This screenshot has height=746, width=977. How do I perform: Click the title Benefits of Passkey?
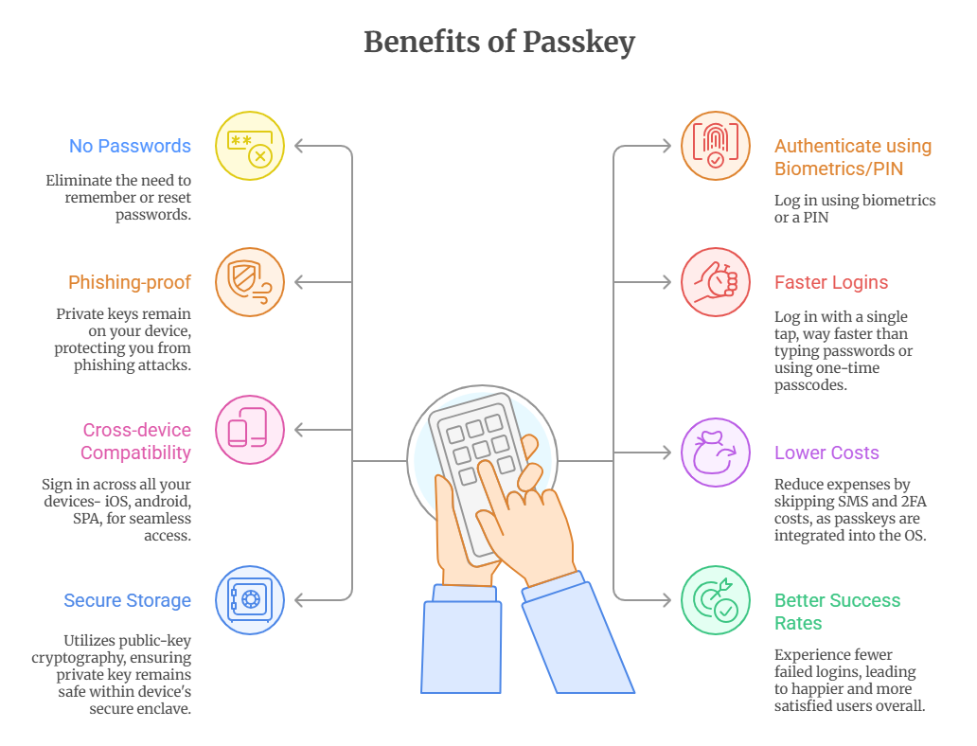499,43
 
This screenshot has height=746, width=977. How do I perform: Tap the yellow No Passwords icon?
250,146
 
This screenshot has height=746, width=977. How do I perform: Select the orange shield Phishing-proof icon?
250,282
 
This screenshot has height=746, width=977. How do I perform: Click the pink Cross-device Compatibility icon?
250,430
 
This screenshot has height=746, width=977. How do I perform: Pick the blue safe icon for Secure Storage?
250,600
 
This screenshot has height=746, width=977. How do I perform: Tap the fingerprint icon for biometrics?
716,146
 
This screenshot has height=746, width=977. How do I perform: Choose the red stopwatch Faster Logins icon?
716,282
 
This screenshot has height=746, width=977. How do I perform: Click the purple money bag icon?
716,453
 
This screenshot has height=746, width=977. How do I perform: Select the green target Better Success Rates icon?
716,600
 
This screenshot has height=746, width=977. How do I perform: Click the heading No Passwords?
130,146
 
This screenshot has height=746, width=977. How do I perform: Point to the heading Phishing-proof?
130,282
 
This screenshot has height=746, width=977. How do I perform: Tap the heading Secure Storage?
127,600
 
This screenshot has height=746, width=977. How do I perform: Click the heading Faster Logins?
831,282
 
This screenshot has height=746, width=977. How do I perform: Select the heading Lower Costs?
826,453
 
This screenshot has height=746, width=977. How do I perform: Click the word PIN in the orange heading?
887,169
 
